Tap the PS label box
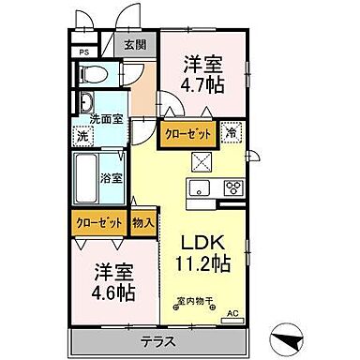84,52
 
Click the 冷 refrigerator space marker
231,133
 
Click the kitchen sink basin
200,190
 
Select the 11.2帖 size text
202,263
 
